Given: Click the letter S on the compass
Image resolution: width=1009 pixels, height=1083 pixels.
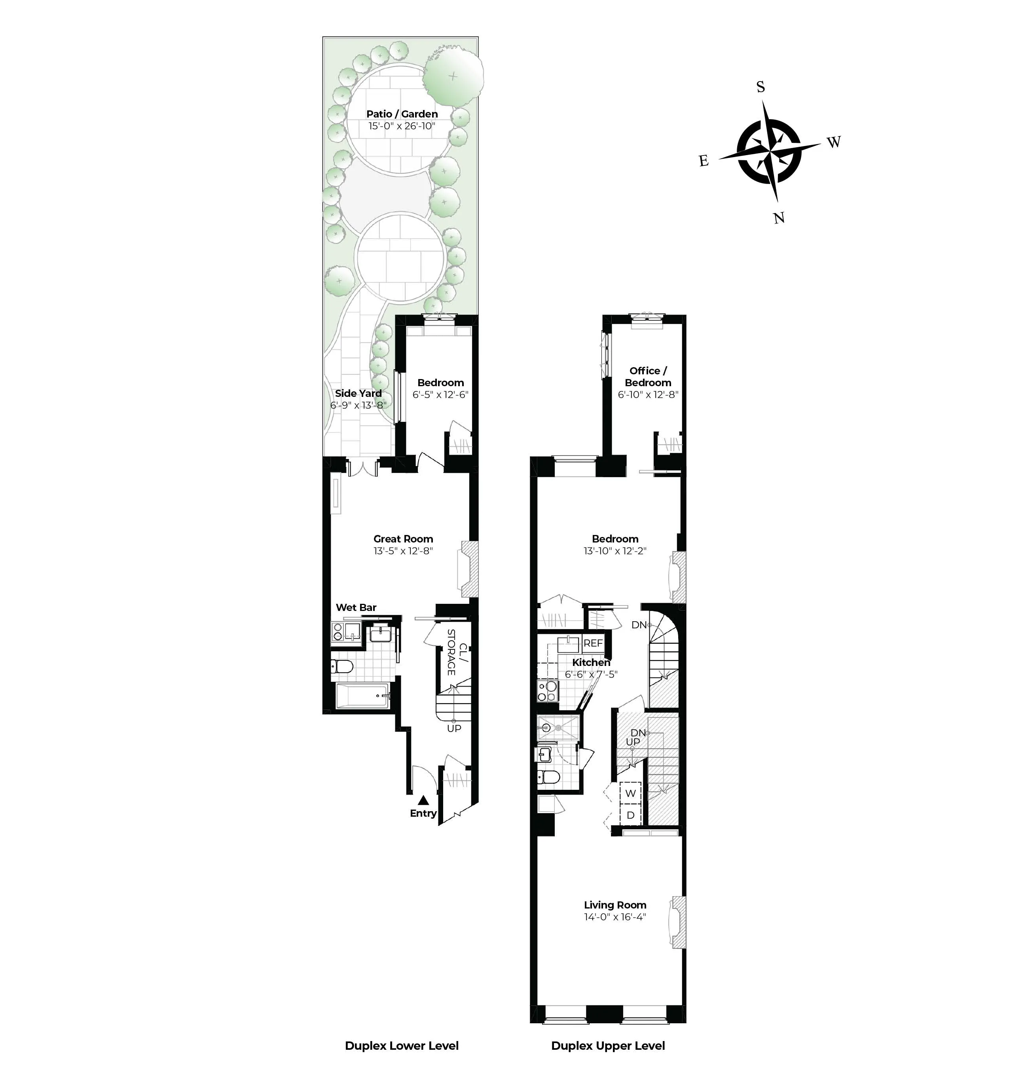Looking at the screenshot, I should click(761, 87).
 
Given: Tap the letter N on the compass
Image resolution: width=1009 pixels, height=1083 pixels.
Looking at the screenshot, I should click(779, 218).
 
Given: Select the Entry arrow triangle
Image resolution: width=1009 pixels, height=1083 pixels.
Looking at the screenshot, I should click(423, 800).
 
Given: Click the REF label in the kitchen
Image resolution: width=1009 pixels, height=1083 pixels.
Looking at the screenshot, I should click(593, 643).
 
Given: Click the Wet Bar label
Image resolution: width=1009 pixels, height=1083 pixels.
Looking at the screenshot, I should click(356, 607).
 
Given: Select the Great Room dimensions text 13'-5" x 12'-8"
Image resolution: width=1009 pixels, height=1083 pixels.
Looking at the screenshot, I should click(403, 551).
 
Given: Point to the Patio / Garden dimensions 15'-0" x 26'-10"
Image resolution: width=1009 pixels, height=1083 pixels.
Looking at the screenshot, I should click(402, 126).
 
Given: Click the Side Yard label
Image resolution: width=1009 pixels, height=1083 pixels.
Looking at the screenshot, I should click(358, 393).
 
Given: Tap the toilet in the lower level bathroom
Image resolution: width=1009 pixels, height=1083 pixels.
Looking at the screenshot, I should click(341, 666).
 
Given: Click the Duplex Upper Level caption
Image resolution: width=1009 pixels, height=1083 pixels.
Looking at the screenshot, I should click(608, 1045).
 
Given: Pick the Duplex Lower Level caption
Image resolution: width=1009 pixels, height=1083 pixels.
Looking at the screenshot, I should click(402, 1045).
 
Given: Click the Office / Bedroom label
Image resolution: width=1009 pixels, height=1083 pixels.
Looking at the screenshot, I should click(648, 376).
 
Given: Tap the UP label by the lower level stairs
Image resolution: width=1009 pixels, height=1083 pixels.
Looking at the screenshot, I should click(454, 728).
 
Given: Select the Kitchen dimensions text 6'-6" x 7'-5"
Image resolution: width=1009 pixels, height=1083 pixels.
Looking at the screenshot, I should click(591, 674).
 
